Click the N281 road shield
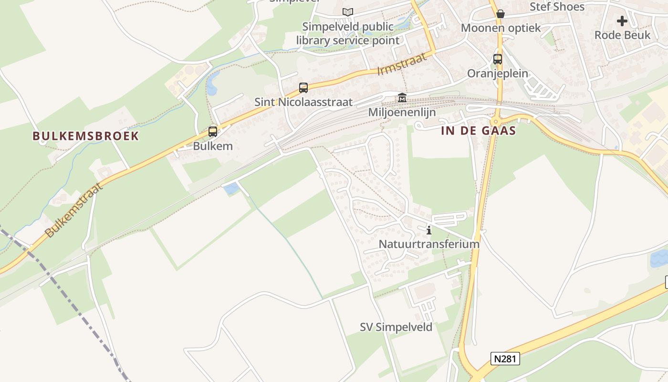505,359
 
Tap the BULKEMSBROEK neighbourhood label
86,136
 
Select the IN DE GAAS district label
479,131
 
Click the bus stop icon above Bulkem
213,131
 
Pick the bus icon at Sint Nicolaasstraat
303,87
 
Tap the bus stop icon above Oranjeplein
498,59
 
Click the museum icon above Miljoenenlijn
402,98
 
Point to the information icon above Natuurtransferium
429,230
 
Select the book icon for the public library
348,12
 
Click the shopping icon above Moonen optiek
501,14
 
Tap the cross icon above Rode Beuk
622,21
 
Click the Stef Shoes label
557,7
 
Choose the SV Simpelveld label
396,327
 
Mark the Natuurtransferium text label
429,244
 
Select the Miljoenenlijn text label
402,112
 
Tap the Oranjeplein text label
498,74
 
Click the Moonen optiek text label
501,28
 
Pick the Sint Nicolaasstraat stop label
303,102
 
